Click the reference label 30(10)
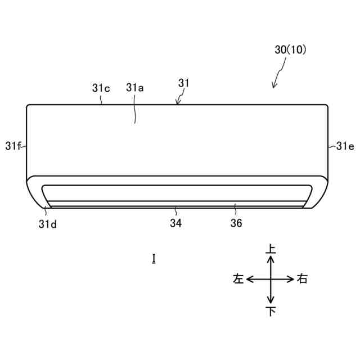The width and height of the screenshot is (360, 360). click(290, 49)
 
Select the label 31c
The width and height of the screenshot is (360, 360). click(101, 88)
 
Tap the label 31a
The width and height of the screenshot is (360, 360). click(135, 88)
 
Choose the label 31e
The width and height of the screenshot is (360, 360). click(345, 146)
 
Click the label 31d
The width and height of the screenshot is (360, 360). click(47, 224)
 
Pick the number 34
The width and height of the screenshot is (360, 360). click(176, 223)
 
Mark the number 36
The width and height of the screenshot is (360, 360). click(236, 223)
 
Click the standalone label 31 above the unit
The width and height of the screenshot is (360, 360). click(184, 83)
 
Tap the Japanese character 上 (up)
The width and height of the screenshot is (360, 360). click(271, 249)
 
